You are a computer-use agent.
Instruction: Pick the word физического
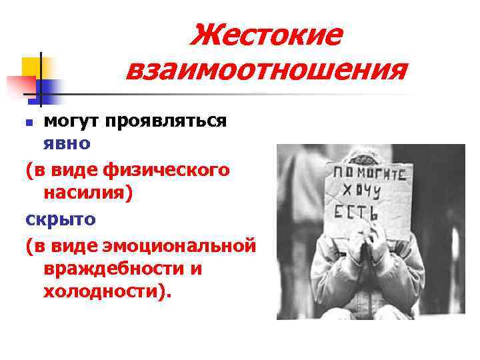(167, 170)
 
